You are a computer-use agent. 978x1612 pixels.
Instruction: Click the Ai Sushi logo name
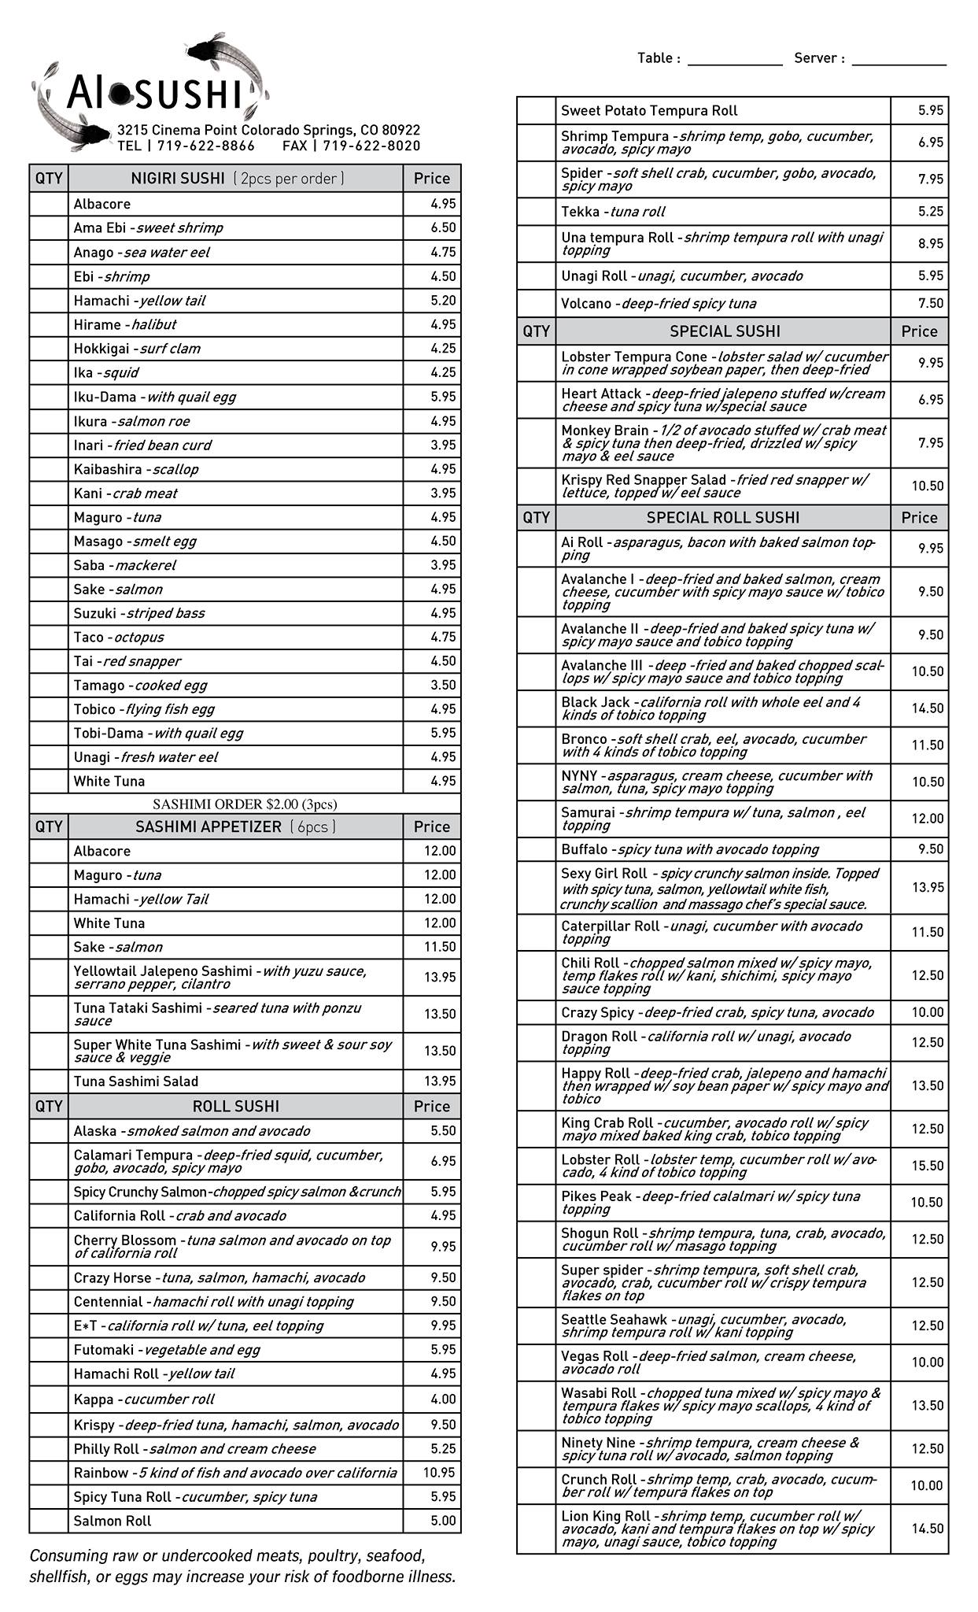(x=153, y=94)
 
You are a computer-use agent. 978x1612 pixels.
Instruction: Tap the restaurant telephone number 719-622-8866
(x=205, y=146)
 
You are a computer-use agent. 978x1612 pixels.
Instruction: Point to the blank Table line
(x=734, y=60)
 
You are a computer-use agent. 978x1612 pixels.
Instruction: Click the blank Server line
(x=899, y=60)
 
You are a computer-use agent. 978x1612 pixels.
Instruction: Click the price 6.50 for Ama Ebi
(x=443, y=227)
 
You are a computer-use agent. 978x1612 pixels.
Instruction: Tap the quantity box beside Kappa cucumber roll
(x=49, y=1399)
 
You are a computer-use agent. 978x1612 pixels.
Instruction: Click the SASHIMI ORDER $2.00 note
(x=245, y=804)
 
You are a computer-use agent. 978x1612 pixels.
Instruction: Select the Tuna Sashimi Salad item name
(x=136, y=1081)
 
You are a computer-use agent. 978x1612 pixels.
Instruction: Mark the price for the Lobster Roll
(x=927, y=1166)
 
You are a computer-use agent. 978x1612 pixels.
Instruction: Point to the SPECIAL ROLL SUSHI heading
(x=723, y=518)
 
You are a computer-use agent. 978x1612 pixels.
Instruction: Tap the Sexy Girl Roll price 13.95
(x=927, y=888)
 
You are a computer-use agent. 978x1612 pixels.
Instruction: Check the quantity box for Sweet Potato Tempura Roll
(x=537, y=111)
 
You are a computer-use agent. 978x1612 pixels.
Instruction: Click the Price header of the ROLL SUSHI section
(x=432, y=1107)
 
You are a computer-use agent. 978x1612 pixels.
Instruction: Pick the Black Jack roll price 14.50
(x=927, y=708)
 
